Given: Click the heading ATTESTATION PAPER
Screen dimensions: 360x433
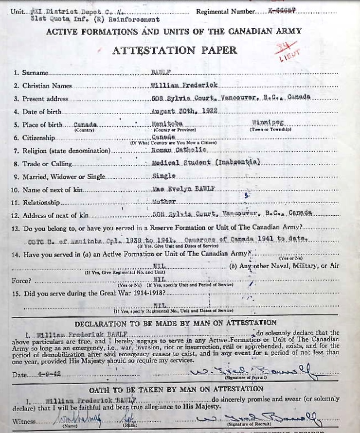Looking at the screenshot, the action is coord(175,50).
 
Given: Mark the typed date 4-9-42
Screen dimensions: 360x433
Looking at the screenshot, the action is coord(42,375).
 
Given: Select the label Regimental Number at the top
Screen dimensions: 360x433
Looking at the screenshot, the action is coord(225,11).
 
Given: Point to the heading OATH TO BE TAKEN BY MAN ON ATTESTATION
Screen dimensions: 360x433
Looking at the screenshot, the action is coord(176,389).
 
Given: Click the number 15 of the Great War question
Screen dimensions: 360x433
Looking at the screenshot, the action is coord(16,293).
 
